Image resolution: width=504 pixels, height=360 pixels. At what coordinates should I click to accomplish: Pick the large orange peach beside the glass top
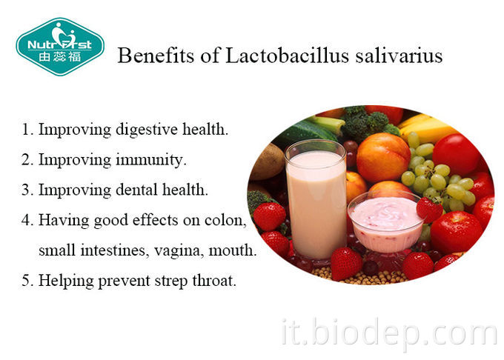point(382,157)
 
